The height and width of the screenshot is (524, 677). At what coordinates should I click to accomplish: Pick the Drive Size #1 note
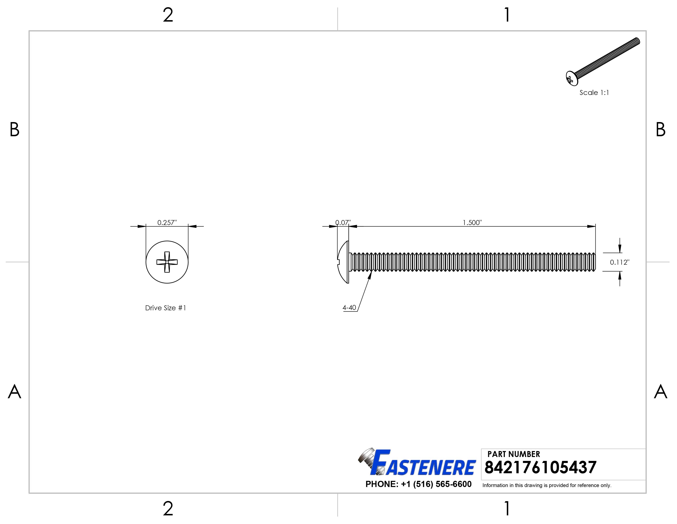[166, 308]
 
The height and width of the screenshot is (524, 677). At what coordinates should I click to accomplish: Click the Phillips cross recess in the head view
[167, 262]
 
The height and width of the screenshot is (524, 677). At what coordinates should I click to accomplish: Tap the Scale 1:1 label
[594, 93]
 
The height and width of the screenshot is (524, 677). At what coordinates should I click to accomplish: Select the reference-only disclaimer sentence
[546, 485]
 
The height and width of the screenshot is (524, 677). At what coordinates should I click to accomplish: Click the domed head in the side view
[343, 262]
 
